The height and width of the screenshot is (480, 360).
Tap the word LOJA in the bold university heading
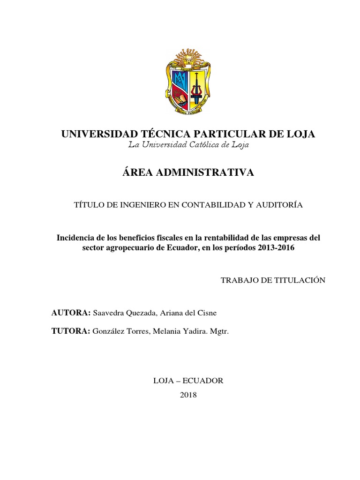299,134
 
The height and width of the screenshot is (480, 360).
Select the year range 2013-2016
276,248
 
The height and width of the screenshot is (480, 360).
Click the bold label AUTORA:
71,313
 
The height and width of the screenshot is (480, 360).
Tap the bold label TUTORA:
71,331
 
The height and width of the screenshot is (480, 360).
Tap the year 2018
188,395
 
